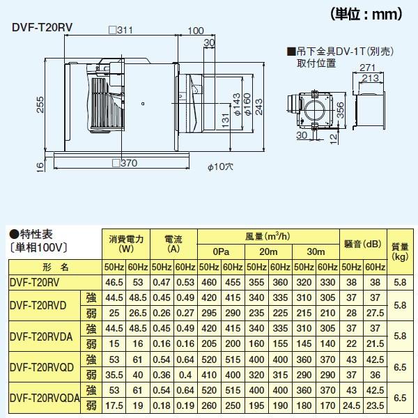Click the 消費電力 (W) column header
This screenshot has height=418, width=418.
125,245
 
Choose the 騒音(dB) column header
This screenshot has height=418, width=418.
364,245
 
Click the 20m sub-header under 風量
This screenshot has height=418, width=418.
268,252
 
